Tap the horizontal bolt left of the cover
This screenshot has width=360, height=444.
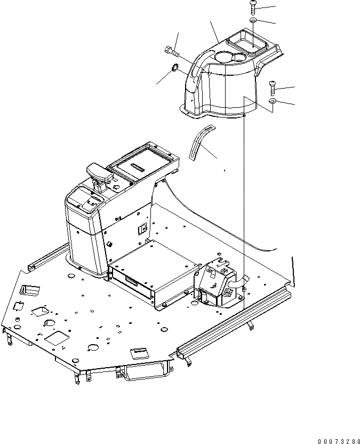[x=172, y=51]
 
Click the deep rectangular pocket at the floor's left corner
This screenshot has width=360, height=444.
[x=29, y=290]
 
